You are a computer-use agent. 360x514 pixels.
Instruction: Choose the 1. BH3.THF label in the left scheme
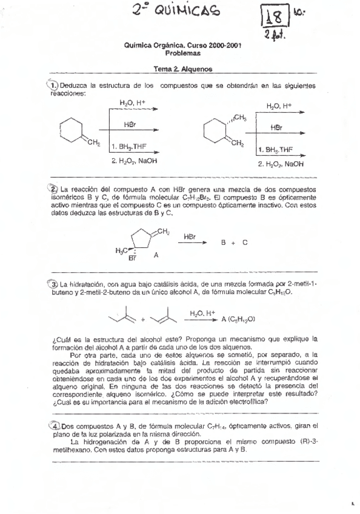point(129,146)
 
